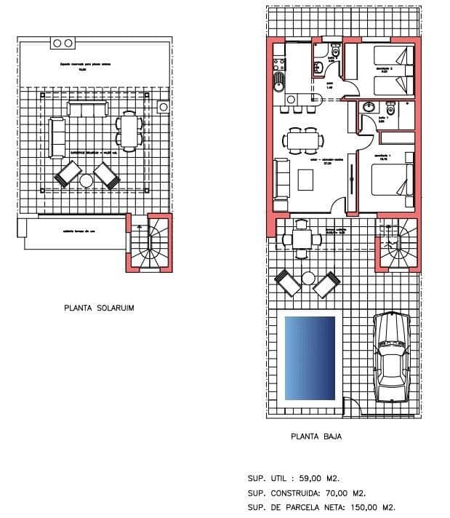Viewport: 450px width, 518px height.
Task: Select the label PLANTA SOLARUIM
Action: click(99, 308)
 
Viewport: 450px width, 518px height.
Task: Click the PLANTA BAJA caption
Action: click(316, 437)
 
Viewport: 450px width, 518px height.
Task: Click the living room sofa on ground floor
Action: click(282, 179)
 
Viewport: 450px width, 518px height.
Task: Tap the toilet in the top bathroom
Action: click(335, 52)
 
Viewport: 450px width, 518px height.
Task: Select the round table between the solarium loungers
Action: click(87, 180)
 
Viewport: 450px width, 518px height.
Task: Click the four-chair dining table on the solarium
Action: click(129, 131)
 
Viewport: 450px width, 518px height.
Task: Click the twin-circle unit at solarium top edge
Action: click(62, 44)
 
